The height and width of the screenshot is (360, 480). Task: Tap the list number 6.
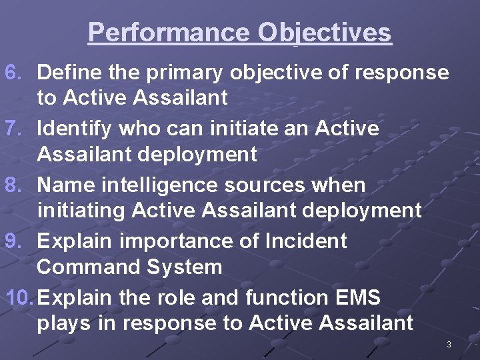coord(14,72)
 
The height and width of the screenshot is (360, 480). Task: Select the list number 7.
coord(14,128)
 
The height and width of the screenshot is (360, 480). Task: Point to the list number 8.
coord(14,185)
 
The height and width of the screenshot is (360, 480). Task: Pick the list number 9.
coord(14,241)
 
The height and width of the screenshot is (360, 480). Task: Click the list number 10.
coord(19,297)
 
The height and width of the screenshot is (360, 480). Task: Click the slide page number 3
coord(449,345)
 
